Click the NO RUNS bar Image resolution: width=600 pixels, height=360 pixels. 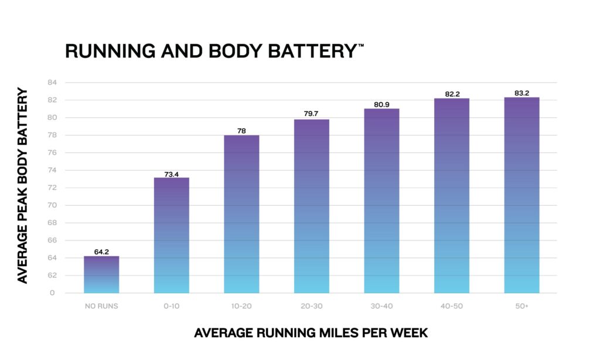(101, 274)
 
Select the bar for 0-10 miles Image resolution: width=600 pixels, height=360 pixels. (172, 235)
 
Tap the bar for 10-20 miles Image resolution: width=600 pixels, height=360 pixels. (241, 214)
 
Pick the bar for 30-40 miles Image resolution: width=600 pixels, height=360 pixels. (381, 201)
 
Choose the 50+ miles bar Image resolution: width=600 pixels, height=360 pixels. (521, 195)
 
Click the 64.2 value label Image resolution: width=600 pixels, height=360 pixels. (101, 252)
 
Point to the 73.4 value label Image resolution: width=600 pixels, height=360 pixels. (172, 174)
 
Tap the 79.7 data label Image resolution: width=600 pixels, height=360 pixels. (311, 113)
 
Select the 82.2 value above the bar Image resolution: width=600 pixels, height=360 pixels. (452, 94)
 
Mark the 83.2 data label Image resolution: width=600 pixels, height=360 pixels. (522, 93)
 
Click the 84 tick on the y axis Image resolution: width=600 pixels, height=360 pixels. (52, 82)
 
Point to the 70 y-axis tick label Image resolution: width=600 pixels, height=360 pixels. (52, 205)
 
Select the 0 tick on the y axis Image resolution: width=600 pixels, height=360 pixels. (52, 293)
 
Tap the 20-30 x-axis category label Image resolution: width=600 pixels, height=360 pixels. (312, 306)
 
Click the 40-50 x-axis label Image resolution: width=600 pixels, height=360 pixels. (452, 306)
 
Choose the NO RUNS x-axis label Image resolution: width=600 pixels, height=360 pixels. (101, 306)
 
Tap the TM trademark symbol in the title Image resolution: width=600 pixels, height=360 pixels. (361, 45)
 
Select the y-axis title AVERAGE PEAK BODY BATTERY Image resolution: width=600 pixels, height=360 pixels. (23, 186)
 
